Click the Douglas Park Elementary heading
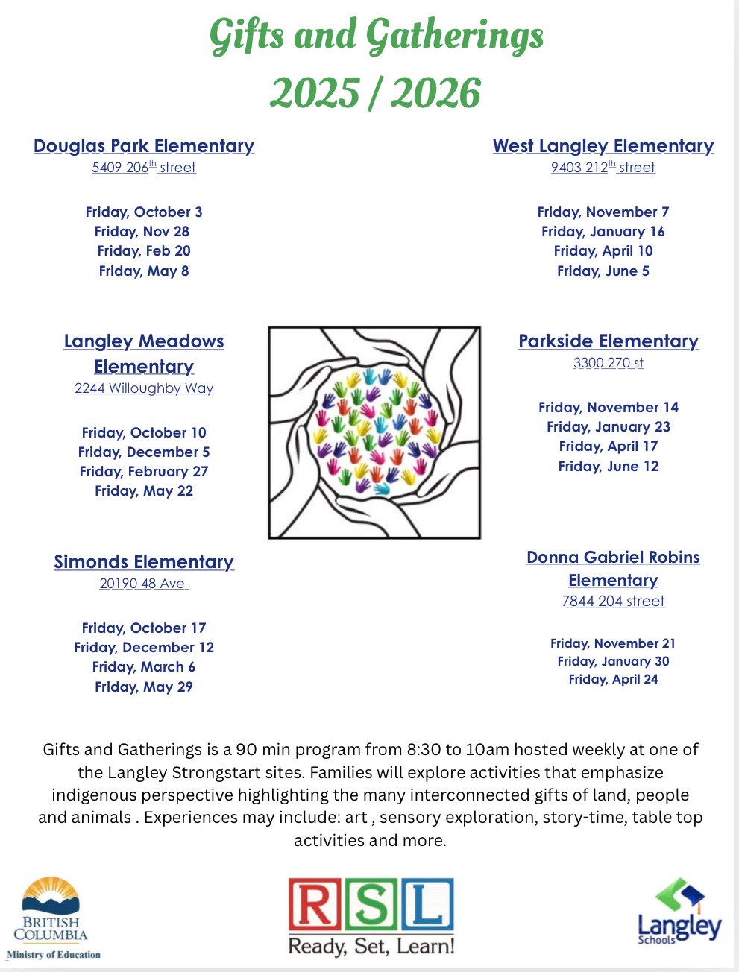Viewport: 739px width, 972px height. pyautogui.click(x=144, y=146)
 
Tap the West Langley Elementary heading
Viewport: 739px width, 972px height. pyautogui.click(x=603, y=146)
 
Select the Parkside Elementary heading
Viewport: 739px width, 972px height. pyautogui.click(x=609, y=341)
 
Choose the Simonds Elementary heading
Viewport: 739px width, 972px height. pyautogui.click(x=144, y=562)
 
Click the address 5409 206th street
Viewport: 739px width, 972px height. pyautogui.click(x=144, y=168)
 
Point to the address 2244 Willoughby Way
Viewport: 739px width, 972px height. pyautogui.click(x=144, y=388)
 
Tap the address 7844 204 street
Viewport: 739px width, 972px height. pyautogui.click(x=613, y=602)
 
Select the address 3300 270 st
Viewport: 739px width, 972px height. pyautogui.click(x=609, y=363)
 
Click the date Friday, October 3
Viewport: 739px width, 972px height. pyautogui.click(x=144, y=212)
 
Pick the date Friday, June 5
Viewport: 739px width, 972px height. pyautogui.click(x=603, y=271)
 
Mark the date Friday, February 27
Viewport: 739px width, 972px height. pyautogui.click(x=144, y=472)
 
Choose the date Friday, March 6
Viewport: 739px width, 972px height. pyautogui.click(x=144, y=667)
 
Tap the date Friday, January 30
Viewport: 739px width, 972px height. pyautogui.click(x=613, y=661)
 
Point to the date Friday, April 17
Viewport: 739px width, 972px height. pyautogui.click(x=609, y=446)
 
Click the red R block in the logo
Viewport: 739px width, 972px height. pyautogui.click(x=315, y=905)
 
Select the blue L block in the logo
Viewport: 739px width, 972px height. pyautogui.click(x=428, y=905)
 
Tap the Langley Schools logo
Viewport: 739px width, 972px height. pyautogui.click(x=679, y=912)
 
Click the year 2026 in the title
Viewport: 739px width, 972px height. pyautogui.click(x=435, y=93)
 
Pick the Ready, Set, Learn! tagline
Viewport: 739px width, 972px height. pyautogui.click(x=371, y=947)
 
